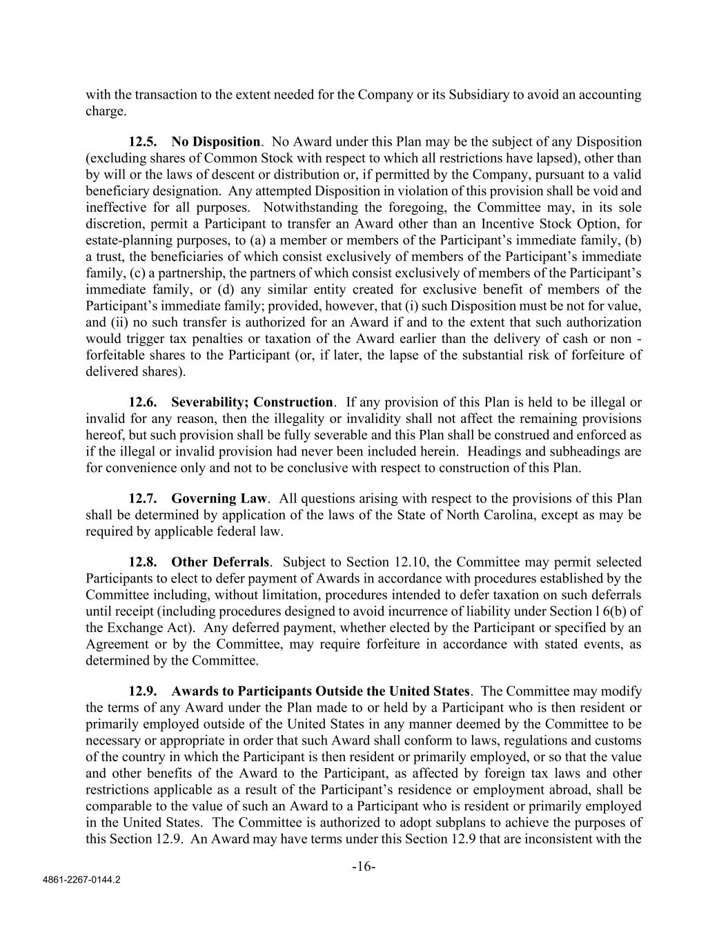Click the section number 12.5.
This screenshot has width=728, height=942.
point(143,142)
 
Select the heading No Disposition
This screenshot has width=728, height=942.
point(216,142)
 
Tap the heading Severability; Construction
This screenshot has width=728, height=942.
point(252,402)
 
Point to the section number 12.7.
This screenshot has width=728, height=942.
point(143,499)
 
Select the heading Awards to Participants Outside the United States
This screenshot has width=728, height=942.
point(321,691)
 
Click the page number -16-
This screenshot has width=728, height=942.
point(364,867)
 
